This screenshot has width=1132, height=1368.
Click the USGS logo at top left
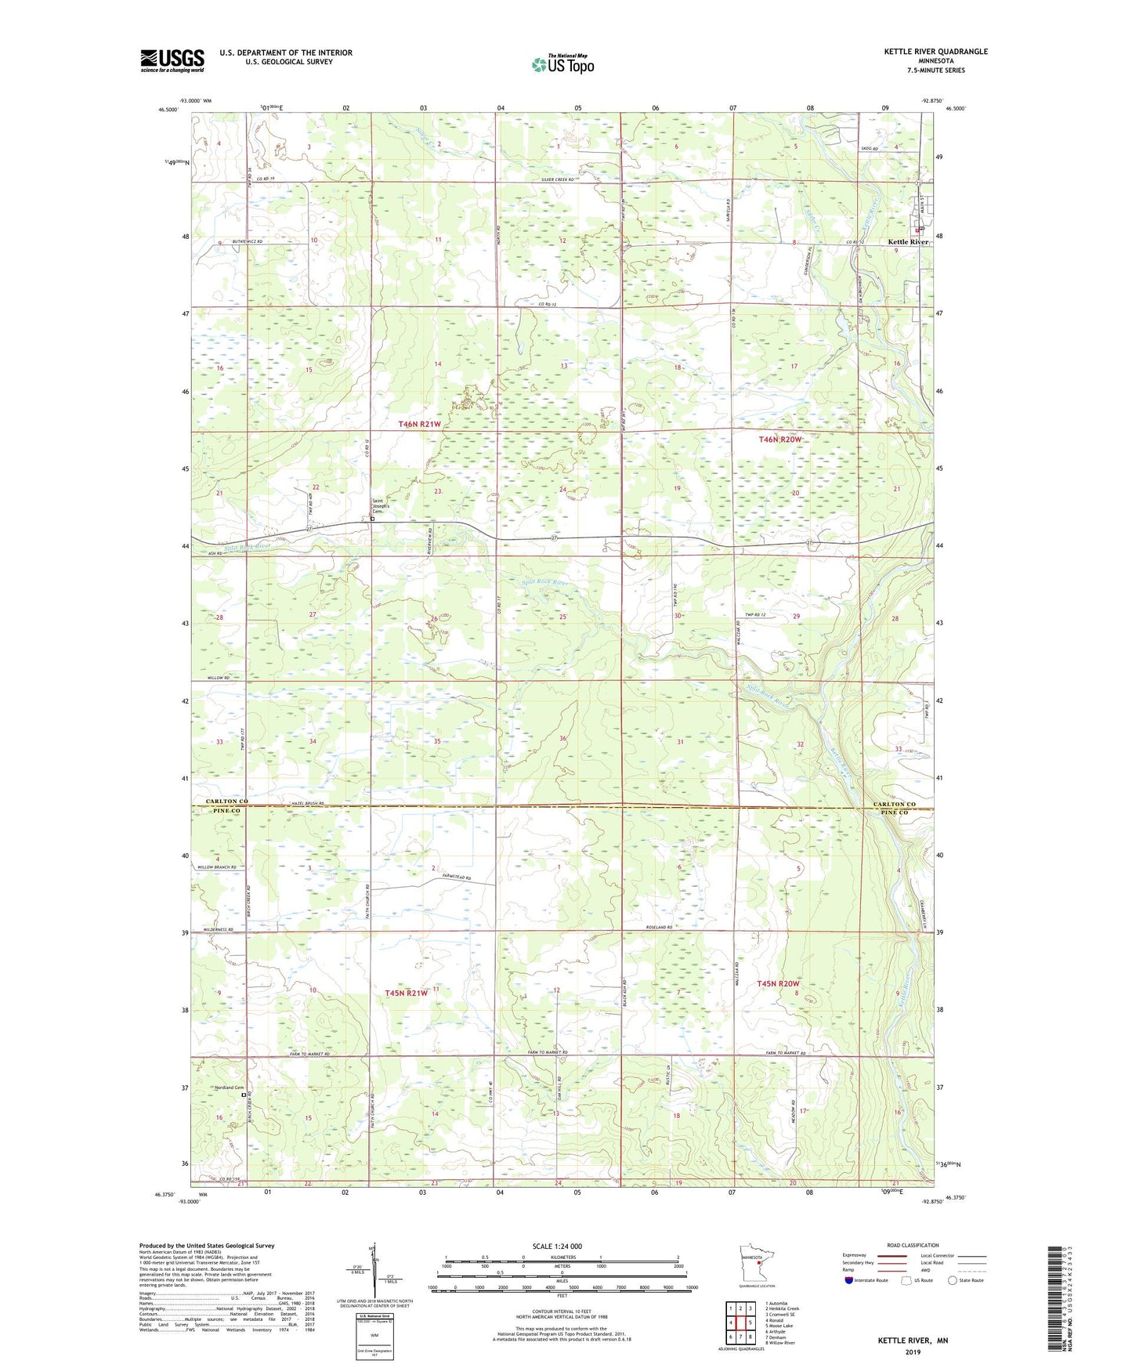tap(172, 60)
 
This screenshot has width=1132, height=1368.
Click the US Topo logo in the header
tap(562, 63)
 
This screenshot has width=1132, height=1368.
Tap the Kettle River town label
tap(907, 242)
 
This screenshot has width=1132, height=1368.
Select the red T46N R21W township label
tap(419, 424)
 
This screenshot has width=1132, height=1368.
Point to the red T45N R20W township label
tap(778, 983)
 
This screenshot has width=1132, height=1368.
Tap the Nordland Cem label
tap(228, 1088)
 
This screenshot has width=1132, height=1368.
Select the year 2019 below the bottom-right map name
tap(913, 1352)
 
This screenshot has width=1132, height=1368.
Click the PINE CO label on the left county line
tap(228, 812)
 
